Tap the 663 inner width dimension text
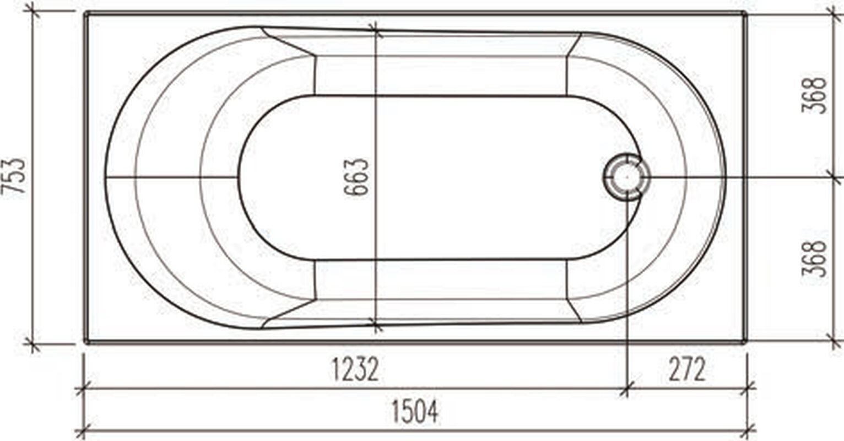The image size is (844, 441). pos(356,177)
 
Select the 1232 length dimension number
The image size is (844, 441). pos(355,369)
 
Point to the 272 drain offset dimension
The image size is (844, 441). pos(687,369)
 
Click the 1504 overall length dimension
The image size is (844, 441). pos(415,412)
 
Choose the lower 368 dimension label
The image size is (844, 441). pos(814,259)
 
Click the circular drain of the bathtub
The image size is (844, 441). pos(626,177)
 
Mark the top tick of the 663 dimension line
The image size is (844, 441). pos(375,30)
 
